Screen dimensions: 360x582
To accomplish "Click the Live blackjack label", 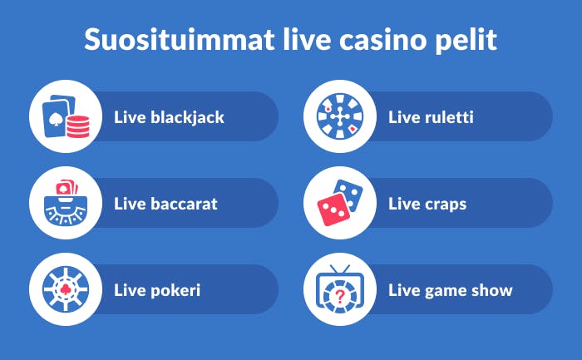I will tap(169, 117).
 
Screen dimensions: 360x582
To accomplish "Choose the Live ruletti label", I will tap(431, 117).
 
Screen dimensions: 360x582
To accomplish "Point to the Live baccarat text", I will tap(165, 204).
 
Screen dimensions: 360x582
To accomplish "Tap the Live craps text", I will tap(427, 204).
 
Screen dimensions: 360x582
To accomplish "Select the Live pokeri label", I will tap(157, 291).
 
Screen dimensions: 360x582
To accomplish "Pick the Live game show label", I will tap(450, 291).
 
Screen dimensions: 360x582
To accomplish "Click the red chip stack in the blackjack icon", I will tap(77, 127).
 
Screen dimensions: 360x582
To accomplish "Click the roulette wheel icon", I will tap(340, 116).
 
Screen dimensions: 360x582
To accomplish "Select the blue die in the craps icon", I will tap(349, 195).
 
